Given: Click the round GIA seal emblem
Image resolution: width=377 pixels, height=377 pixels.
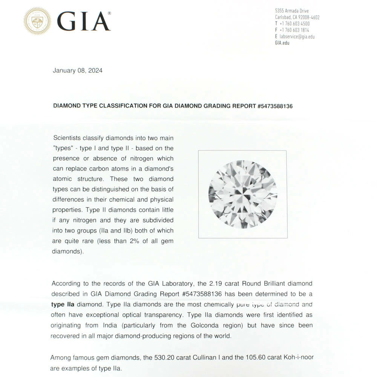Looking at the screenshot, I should pyautogui.click(x=37, y=21).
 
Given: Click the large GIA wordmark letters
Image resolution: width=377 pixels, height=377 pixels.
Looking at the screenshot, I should pyautogui.click(x=84, y=21).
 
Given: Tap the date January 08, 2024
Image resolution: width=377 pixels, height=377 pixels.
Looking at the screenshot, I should pyautogui.click(x=78, y=70).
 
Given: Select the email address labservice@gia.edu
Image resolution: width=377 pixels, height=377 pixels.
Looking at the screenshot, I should pyautogui.click(x=297, y=37).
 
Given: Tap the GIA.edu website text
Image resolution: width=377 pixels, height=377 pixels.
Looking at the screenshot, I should pyautogui.click(x=283, y=43).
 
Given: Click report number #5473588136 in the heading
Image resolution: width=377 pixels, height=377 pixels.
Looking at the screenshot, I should pyautogui.click(x=275, y=106).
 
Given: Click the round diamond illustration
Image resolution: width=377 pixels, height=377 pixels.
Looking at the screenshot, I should pyautogui.click(x=243, y=194).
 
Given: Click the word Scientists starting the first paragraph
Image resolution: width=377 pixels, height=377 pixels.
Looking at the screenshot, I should pyautogui.click(x=68, y=138).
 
